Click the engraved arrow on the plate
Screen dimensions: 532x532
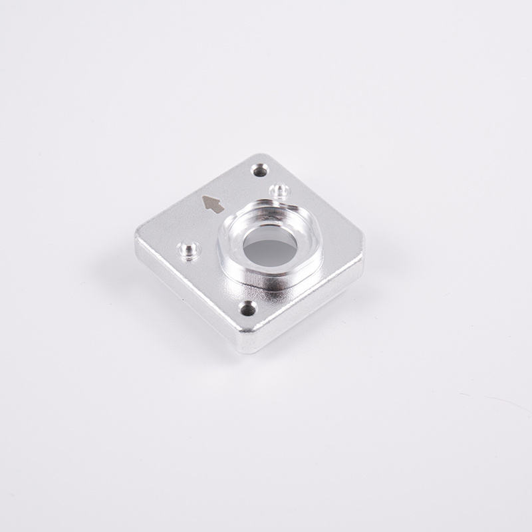pyautogui.click(x=213, y=204)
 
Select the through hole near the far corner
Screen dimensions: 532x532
pyautogui.click(x=259, y=170)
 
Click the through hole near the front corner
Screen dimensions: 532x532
pyautogui.click(x=248, y=309)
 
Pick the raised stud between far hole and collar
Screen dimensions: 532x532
pyautogui.click(x=279, y=192)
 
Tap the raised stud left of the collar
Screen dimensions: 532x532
pyautogui.click(x=189, y=251)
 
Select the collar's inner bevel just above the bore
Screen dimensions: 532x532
pyautogui.click(x=269, y=226)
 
